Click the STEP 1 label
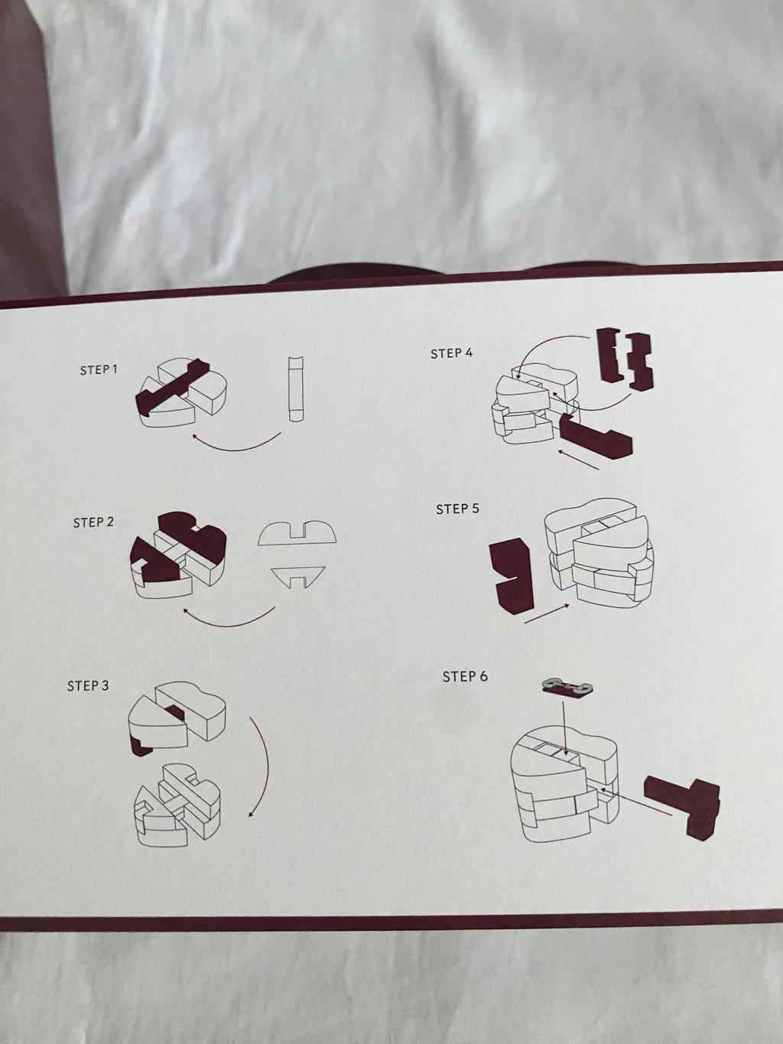click(99, 369)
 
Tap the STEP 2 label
click(93, 522)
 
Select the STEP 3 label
click(88, 685)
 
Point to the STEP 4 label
click(452, 353)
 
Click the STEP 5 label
click(458, 509)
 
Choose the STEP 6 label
click(465, 676)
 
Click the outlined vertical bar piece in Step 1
click(296, 389)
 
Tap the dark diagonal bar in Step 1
click(172, 386)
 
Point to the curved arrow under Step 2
click(228, 623)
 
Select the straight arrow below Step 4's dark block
click(578, 460)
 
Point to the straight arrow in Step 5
click(547, 613)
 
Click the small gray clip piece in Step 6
click(566, 686)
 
